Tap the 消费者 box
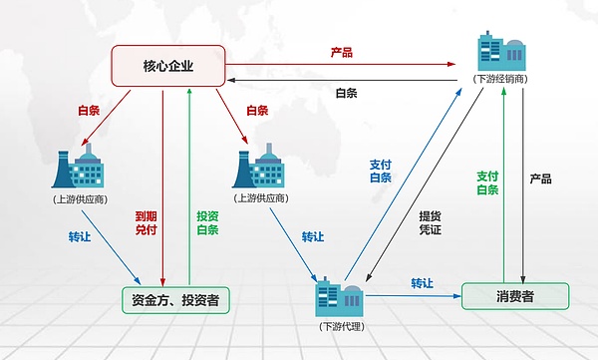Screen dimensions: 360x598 pyautogui.click(x=515, y=296)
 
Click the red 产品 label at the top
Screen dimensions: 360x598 pyautogui.click(x=342, y=52)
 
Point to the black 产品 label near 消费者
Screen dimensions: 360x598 pyautogui.click(x=541, y=180)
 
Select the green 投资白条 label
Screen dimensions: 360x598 pyautogui.click(x=207, y=221)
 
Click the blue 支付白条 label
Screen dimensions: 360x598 pyautogui.click(x=381, y=172)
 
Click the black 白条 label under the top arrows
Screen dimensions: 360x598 pyautogui.click(x=348, y=93)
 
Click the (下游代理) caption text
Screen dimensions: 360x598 pyautogui.click(x=338, y=327)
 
